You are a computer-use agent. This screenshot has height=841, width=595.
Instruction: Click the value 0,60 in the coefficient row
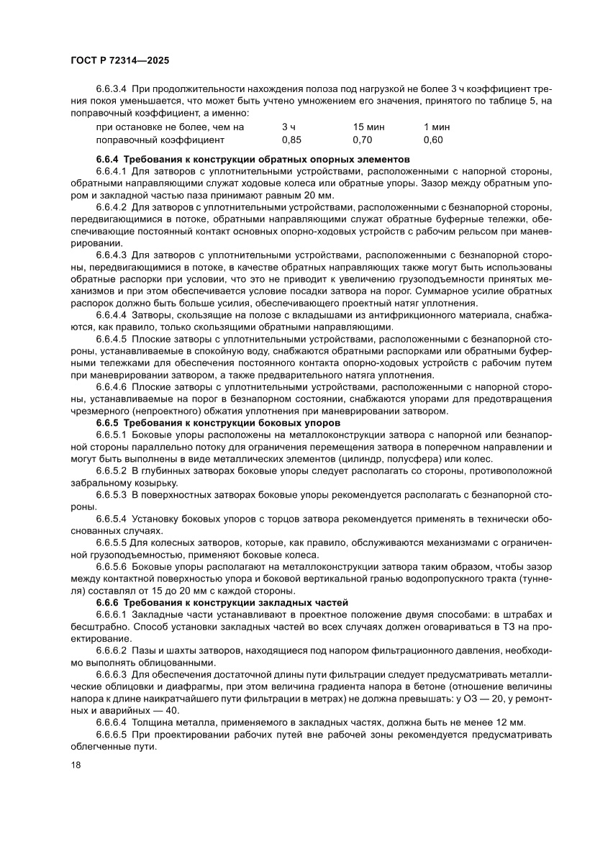(433, 140)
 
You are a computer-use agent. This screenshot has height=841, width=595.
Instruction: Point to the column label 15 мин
(368, 127)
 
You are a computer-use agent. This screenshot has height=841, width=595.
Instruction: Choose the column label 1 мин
(436, 127)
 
